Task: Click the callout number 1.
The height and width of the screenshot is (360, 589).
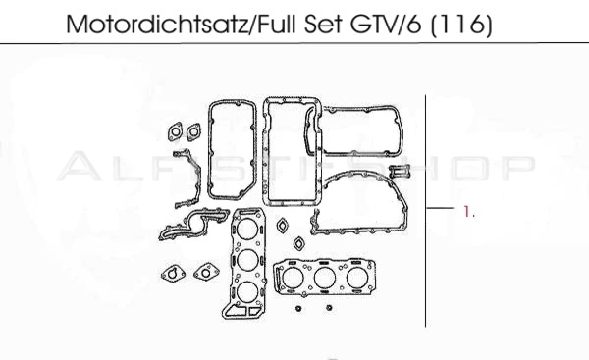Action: click(469, 210)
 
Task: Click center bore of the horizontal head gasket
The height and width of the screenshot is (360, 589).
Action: click(324, 279)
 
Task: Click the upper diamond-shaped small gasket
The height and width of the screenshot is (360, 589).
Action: click(283, 225)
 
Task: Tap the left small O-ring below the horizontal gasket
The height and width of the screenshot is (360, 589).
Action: click(297, 307)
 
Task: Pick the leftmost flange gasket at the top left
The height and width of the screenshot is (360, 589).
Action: click(176, 129)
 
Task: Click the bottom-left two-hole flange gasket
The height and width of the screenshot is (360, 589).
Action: click(171, 272)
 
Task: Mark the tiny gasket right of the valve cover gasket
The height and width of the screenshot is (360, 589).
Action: click(398, 171)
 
